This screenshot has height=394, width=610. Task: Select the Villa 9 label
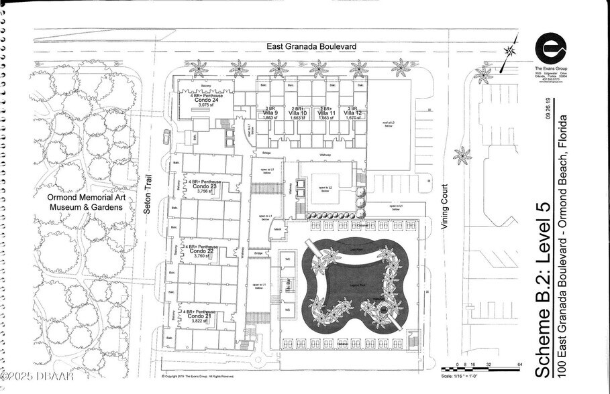[270, 113]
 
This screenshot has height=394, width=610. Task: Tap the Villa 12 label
[349, 113]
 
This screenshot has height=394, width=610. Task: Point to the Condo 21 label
[201, 316]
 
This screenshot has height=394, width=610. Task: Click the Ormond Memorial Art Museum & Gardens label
[85, 202]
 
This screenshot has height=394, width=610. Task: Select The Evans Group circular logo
[550, 48]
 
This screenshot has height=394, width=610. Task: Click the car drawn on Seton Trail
[166, 137]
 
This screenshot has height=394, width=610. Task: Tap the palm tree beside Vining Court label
[462, 156]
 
